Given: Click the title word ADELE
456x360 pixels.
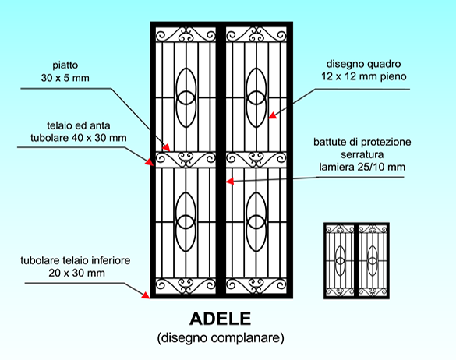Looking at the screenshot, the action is (220, 319).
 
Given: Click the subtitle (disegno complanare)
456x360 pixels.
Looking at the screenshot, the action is (221, 338).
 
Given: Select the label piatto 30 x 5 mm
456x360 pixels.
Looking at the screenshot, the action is (65, 72).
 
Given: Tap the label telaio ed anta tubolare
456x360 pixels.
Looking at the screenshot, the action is (79, 132).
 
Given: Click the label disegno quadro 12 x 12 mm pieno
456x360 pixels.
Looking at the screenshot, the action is (364, 70).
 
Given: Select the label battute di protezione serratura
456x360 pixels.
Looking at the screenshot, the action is (362, 148).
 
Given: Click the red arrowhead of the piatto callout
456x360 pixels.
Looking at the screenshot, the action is (166, 147).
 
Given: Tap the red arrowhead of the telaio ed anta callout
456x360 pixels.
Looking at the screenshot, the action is (150, 162).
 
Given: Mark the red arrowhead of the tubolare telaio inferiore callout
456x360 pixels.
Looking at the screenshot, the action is (146, 295).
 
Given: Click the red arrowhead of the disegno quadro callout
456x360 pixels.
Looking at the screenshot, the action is (272, 115).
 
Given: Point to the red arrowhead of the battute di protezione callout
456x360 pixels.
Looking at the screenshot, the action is (230, 182).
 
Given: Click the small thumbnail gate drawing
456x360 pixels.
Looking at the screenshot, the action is (356, 260).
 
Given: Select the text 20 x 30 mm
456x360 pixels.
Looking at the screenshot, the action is (76, 273).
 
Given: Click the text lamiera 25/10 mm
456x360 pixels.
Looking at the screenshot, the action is (362, 167).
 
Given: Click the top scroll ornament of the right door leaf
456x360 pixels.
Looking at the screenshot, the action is (256, 34).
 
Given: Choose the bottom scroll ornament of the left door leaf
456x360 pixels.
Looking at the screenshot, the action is (186, 285).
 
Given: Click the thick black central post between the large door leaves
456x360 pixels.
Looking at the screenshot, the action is (221, 160).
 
